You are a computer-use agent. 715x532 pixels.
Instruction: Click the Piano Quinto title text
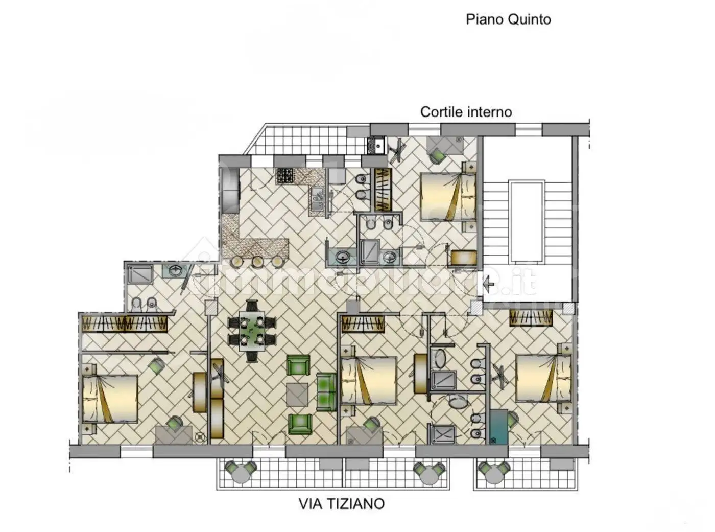pos(508,20)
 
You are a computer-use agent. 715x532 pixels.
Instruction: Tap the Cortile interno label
pos(466,112)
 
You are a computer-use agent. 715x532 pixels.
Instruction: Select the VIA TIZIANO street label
pos(342,503)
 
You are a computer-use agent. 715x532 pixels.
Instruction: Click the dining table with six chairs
pos(252,331)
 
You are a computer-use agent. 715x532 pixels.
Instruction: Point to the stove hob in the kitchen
pos(285,176)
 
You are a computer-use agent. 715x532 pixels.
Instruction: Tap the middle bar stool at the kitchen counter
pos(257,262)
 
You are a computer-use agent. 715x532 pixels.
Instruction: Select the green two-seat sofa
pos(326,391)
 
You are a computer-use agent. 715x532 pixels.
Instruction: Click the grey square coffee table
pos(297,394)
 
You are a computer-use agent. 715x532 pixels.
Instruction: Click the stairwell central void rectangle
pos(527,222)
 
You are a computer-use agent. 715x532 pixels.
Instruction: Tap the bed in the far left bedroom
pos(110,399)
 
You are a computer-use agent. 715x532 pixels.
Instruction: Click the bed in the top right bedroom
pos(448,197)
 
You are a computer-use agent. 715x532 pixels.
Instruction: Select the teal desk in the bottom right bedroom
pos(498,427)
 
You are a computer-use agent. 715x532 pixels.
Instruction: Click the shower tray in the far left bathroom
pos(139,275)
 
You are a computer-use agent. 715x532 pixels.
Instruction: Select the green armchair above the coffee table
pos(298,365)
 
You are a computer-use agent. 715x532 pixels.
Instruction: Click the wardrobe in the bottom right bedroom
pos(531,318)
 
